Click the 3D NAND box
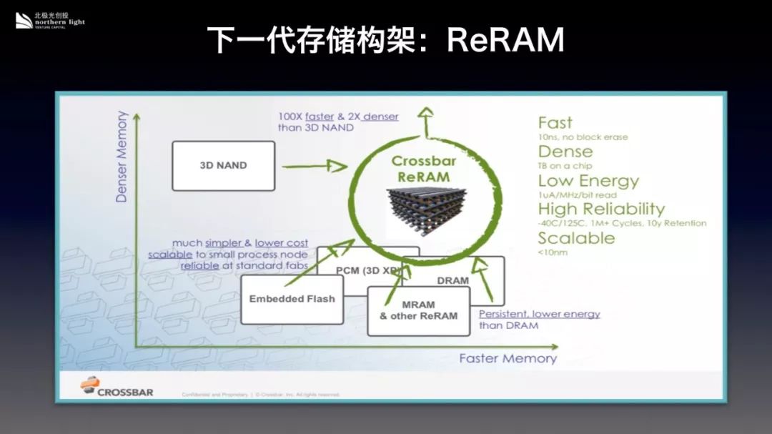223,165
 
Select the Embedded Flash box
292,299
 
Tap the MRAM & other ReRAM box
418,310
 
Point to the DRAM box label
452,280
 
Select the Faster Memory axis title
508,358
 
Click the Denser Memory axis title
122,157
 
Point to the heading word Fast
555,123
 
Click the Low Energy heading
588,181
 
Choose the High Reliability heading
601,209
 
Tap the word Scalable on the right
576,238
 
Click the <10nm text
553,252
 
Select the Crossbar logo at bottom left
117,389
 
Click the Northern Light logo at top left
50,21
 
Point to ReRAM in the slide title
505,41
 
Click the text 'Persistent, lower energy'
539,314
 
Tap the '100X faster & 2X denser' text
338,117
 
